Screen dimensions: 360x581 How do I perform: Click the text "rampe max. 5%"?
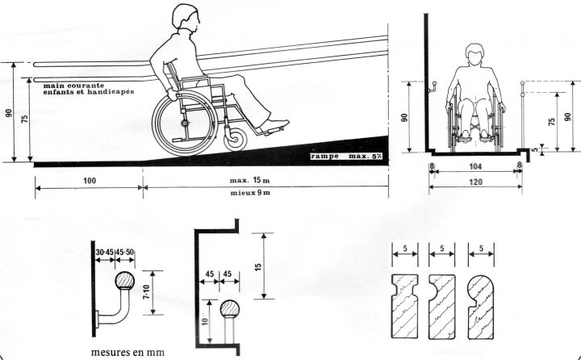tap(347, 153)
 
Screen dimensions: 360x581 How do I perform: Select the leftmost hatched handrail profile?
tap(405, 308)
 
